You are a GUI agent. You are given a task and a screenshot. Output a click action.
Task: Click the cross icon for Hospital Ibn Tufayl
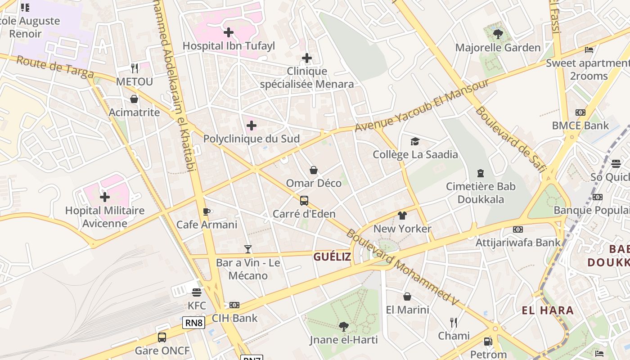229,32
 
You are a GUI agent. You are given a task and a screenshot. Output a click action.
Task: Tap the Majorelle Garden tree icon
498,34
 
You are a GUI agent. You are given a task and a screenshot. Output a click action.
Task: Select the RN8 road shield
194,322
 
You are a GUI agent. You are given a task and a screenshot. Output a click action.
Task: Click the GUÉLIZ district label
332,257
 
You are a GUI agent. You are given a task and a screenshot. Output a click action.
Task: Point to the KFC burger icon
196,292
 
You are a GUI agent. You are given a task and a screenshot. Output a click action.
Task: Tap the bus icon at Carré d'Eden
304,200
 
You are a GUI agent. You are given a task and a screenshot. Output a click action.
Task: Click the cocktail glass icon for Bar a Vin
248,249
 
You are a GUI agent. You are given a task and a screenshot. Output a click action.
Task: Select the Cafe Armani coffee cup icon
207,211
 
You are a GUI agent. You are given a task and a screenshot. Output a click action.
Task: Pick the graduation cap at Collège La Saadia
415,141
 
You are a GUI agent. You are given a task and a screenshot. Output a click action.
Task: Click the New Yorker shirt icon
402,216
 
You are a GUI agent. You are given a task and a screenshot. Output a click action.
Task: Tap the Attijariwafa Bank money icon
518,229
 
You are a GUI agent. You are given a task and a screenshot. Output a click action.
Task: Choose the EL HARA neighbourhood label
548,310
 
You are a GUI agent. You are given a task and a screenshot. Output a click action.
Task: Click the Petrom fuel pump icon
488,342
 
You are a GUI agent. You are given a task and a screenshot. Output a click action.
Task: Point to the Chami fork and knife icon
454,322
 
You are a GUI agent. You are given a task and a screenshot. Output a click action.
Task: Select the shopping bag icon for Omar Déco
314,170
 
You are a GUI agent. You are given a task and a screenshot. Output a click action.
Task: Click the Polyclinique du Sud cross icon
252,126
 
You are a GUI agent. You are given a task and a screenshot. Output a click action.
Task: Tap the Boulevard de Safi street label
510,139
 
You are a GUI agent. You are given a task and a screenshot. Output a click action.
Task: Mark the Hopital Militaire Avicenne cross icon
105,197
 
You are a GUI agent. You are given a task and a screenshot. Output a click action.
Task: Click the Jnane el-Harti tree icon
343,326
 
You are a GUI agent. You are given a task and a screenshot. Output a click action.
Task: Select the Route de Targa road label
55,67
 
